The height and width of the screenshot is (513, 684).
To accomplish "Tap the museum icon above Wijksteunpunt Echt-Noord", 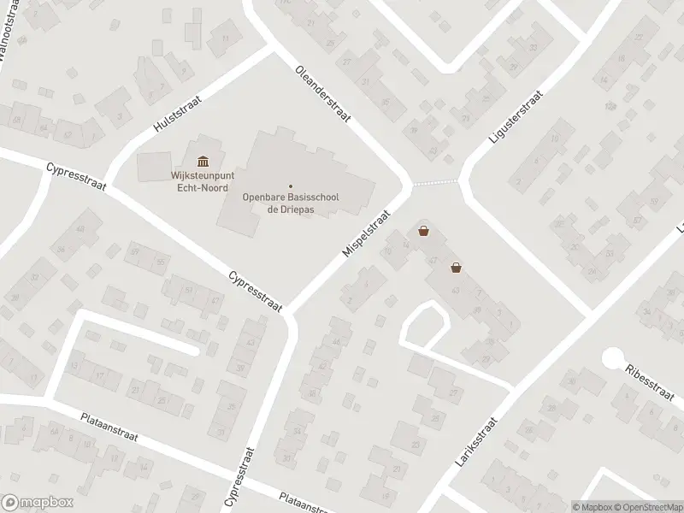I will pos(203,162).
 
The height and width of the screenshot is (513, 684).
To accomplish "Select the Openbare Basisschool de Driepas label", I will pos(291,203).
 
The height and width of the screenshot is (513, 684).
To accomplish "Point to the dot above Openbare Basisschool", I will pos(291,186).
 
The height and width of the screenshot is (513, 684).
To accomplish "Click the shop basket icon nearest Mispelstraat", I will pos(423,231).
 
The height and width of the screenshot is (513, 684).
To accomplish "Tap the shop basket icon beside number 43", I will pos(457,268).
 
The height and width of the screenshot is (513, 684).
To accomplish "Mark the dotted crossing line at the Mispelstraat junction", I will pos(435,182).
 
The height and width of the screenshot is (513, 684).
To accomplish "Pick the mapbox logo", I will pos(36,502).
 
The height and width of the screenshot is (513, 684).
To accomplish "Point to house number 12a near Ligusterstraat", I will pos(610,106).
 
